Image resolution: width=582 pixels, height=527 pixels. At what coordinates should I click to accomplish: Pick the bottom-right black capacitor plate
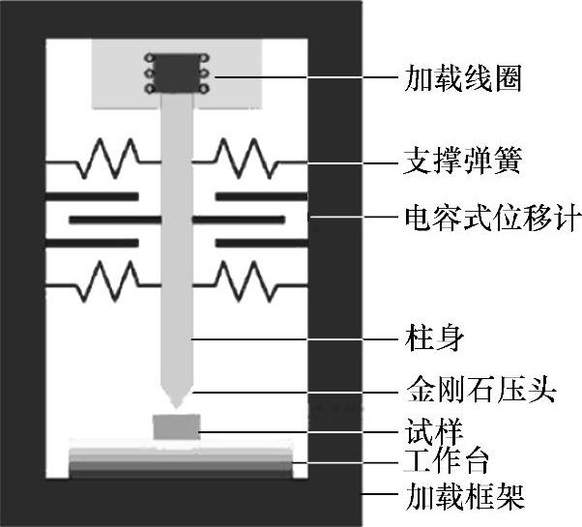(260, 243)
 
